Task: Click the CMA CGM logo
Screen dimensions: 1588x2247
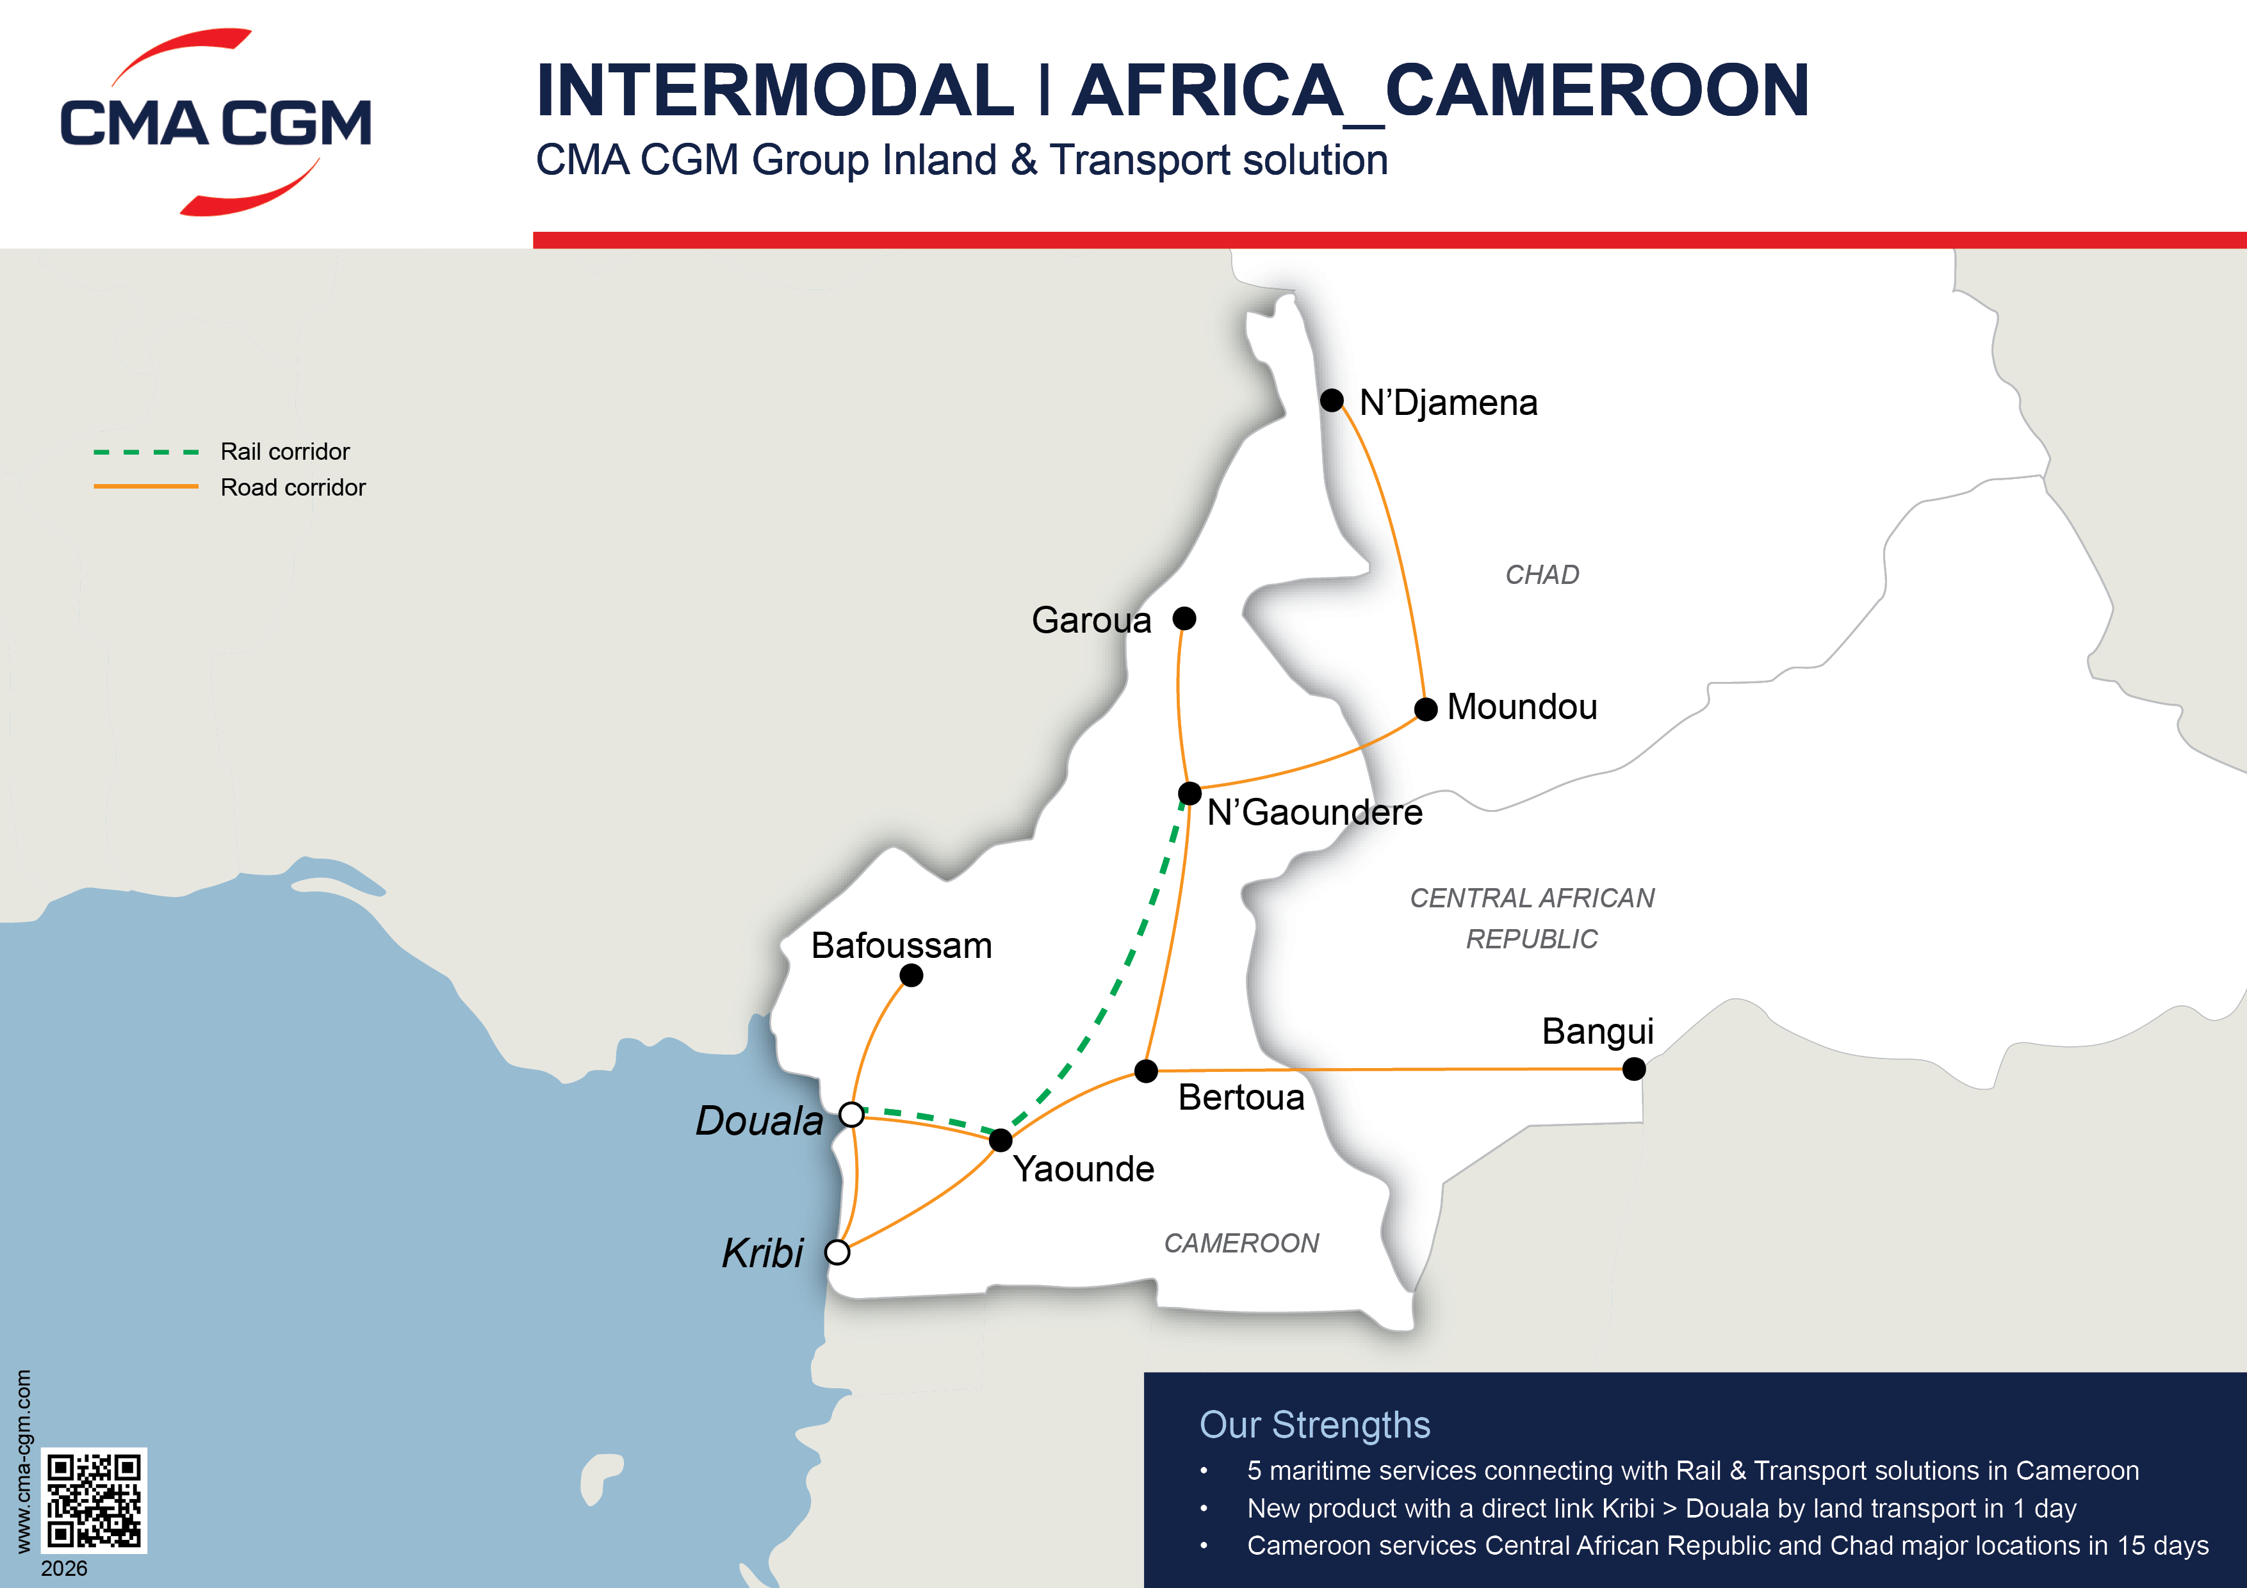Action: (x=215, y=122)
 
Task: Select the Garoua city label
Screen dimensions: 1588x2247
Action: (x=1091, y=620)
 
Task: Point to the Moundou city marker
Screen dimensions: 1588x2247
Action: (x=1426, y=709)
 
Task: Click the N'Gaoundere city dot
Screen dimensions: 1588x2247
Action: (x=1189, y=793)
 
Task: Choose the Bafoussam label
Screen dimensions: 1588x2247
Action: (x=901, y=945)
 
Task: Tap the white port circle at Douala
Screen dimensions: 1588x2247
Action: (x=851, y=1114)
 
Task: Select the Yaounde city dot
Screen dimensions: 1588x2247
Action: (x=1000, y=1140)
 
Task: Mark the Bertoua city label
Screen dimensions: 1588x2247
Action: (x=1241, y=1097)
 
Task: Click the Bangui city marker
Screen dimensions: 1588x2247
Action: (x=1633, y=1069)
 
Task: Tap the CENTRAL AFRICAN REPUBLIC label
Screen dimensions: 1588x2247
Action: (x=1532, y=918)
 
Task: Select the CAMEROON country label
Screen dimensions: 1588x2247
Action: (x=1241, y=1243)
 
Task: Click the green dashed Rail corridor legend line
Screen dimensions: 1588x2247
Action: (x=146, y=452)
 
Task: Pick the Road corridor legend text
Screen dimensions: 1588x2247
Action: (x=293, y=487)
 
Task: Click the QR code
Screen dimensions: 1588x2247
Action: (x=94, y=1500)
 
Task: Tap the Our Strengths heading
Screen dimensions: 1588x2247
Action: (x=1314, y=1425)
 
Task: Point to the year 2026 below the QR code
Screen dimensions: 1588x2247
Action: (x=65, y=1568)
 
